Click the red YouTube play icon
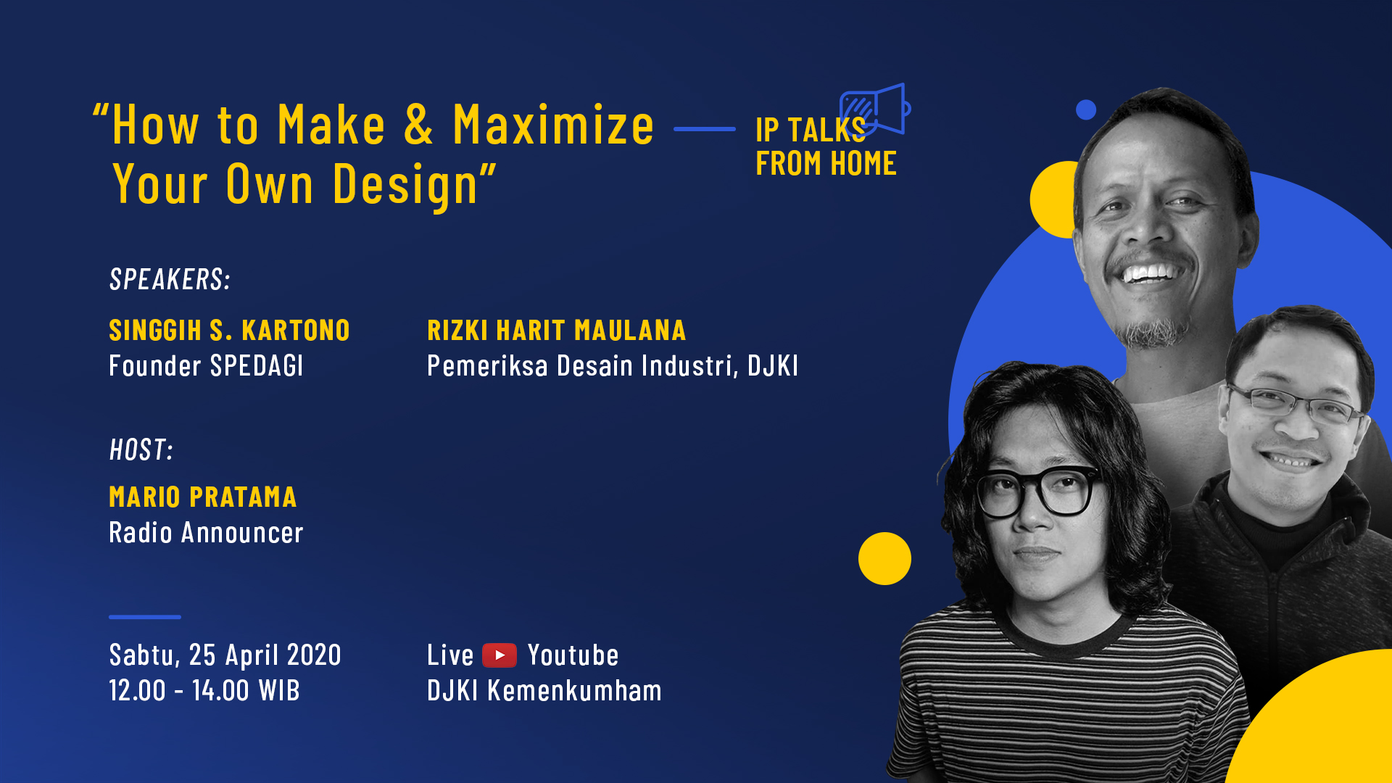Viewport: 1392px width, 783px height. coord(500,655)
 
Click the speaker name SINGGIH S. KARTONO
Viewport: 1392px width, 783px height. coord(229,331)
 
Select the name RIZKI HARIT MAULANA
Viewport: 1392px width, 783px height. coord(556,331)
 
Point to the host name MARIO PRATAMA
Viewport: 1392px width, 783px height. coord(203,497)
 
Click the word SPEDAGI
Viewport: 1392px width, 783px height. coord(257,366)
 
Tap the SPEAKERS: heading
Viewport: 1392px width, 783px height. coord(170,280)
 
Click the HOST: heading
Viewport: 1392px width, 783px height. coord(141,450)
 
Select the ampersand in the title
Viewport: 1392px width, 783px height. coord(418,125)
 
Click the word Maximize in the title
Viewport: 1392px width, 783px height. coord(553,125)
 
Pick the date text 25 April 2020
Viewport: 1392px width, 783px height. coord(265,655)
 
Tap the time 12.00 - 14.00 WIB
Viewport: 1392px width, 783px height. coord(204,690)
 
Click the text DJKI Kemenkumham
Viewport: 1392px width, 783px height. coord(544,690)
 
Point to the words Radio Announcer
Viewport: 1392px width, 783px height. coord(206,533)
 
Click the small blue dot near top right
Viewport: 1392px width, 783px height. coord(1086,109)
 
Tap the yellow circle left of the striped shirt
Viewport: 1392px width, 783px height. coord(884,558)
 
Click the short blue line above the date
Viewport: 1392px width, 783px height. coord(145,617)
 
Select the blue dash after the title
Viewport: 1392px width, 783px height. coord(705,129)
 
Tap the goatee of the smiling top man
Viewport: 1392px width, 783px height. coord(1151,333)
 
